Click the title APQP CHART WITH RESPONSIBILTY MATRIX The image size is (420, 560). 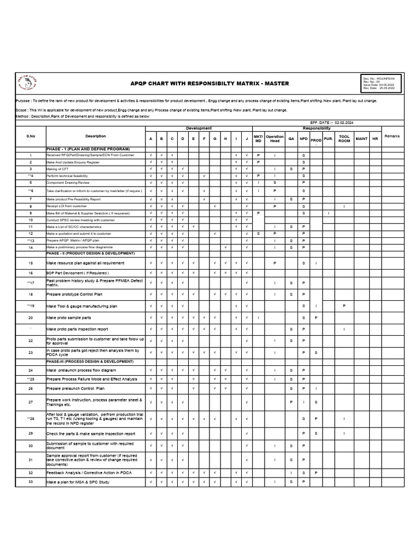[x=209, y=84]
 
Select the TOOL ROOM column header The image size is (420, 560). [x=344, y=139]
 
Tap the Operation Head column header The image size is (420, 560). [x=275, y=139]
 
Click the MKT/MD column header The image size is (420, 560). [x=259, y=139]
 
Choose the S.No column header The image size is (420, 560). [x=31, y=136]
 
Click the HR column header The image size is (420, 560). [x=375, y=139]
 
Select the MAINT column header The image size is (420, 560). [x=361, y=139]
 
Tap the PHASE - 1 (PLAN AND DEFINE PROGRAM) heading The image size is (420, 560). [x=88, y=149]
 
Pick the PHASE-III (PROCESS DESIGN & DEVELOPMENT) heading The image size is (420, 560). [x=90, y=361]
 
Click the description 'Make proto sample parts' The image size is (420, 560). [x=69, y=318]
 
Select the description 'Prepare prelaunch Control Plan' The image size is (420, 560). [x=75, y=389]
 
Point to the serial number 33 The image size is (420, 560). [x=31, y=482]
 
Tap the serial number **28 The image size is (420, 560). [x=31, y=419]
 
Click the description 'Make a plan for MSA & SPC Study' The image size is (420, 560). [x=78, y=482]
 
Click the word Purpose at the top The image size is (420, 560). [x=24, y=101]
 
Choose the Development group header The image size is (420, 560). [x=199, y=129]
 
